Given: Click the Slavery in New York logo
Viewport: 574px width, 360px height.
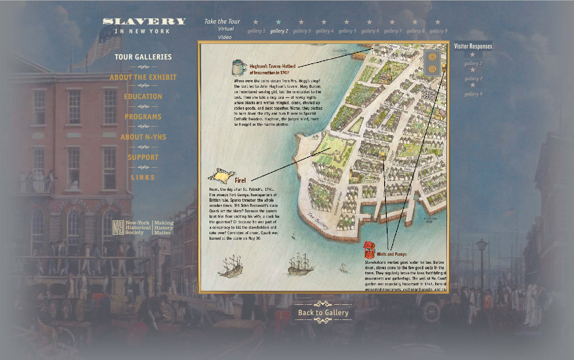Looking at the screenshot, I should click(144, 25).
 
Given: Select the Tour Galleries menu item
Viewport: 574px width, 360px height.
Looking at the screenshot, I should click(143, 57).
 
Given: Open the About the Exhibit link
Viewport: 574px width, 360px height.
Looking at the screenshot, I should click(143, 77).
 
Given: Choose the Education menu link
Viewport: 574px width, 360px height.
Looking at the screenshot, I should click(143, 97).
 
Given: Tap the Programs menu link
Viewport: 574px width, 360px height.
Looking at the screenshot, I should click(143, 117).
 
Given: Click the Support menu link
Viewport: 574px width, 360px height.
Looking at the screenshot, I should click(143, 157).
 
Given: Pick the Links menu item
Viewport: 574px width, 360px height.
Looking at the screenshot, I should click(143, 177).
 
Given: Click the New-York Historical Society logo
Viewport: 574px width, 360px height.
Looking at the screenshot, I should click(143, 227).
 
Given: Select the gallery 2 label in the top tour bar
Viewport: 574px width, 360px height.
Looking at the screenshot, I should click(279, 31).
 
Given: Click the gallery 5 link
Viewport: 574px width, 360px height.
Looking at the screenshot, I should click(347, 31).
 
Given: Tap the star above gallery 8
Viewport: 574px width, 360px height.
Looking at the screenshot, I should click(415, 22).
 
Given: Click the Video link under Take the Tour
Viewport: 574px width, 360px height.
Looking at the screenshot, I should click(225, 37).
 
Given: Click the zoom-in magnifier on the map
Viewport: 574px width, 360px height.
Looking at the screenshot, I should click(432, 57).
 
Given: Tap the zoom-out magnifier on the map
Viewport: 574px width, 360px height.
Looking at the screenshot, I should click(432, 69).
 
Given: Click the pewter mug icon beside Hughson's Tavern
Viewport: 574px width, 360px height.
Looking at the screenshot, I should click(239, 68).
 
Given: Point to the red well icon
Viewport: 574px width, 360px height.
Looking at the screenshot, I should click(369, 249).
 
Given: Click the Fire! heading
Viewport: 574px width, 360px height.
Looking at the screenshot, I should click(240, 181).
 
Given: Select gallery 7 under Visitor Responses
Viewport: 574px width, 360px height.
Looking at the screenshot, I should click(473, 78).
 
